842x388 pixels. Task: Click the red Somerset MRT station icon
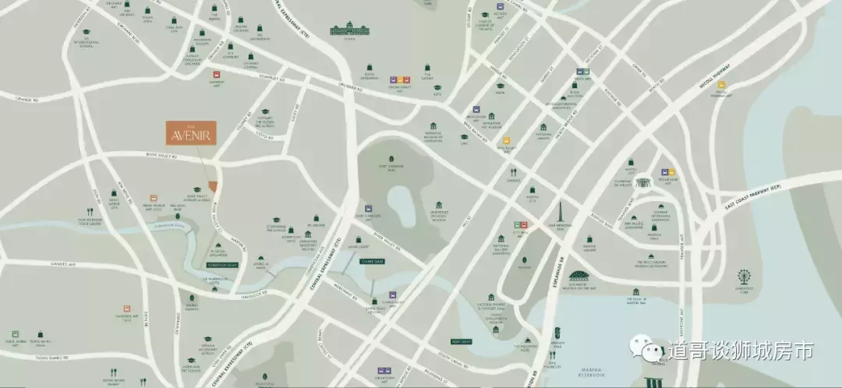point(216,74)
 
